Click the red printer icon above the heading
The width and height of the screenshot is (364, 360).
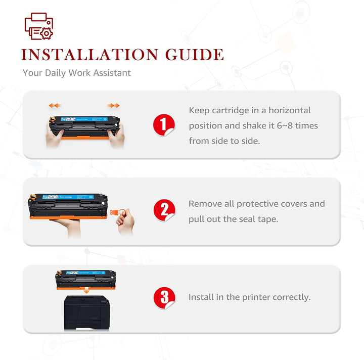coord(39,26)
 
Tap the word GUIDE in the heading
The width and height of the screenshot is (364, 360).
coord(195,55)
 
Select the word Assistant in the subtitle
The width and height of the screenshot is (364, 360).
coord(112,73)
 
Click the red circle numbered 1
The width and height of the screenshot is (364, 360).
coord(164,125)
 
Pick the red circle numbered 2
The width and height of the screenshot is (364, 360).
coord(164,210)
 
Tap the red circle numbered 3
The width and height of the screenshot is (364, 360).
coord(164,298)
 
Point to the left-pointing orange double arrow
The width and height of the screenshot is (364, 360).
coord(55,106)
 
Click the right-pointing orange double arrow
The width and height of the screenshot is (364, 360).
coord(114,106)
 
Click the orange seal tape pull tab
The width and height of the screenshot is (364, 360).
coord(116,212)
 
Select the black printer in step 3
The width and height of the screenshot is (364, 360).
coord(86,312)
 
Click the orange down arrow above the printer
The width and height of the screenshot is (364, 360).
coord(86,290)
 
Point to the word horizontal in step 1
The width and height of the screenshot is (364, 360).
coord(290,111)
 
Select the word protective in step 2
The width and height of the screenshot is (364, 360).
coord(257,204)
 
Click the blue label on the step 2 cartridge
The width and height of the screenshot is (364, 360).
coord(68,197)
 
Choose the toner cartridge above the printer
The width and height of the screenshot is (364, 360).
coord(85,280)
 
